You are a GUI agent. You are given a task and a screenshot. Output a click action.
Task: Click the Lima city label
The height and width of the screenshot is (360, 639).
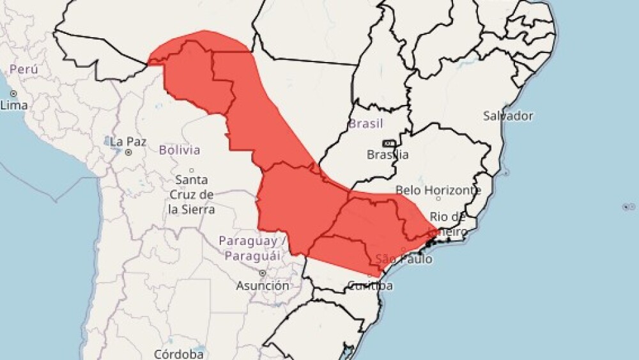pyautogui.click(x=14, y=105)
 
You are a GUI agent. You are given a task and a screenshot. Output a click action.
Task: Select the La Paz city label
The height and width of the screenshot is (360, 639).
pyautogui.click(x=124, y=141)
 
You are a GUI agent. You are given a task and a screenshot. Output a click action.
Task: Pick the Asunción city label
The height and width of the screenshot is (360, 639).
pyautogui.click(x=263, y=286)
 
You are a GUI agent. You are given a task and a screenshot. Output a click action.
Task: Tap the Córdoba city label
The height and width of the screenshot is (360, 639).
pyautogui.click(x=179, y=353)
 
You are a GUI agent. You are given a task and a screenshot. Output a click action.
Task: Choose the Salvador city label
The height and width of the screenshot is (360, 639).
pyautogui.click(x=508, y=116)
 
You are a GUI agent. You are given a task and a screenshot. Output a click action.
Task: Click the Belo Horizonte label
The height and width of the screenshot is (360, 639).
pyautogui.click(x=438, y=191)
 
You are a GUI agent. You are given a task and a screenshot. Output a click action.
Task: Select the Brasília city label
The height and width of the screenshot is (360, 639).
pyautogui.click(x=388, y=155)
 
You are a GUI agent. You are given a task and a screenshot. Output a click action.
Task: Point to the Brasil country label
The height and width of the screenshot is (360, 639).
pyautogui.click(x=366, y=123)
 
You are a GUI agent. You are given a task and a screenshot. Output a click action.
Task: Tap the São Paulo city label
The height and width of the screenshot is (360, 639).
pyautogui.click(x=404, y=259)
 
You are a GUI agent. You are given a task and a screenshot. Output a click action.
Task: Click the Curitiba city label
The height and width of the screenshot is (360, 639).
pyautogui.click(x=370, y=286)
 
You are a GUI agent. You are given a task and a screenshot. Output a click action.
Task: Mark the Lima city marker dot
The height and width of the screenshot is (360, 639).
pyautogui.click(x=13, y=93)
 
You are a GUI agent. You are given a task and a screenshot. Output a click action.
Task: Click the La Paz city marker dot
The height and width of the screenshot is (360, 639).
pyautogui.click(x=128, y=152)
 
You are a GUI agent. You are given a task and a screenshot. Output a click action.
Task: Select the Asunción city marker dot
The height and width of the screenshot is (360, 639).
pyautogui.click(x=262, y=273)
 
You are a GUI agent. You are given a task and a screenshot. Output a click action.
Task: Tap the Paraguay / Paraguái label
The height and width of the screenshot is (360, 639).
pyautogui.click(x=250, y=248)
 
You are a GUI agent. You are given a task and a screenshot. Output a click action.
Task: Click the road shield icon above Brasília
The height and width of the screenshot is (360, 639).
pyautogui.click(x=388, y=143)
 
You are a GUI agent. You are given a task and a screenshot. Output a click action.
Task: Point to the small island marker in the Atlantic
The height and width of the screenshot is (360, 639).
pyautogui.click(x=626, y=207)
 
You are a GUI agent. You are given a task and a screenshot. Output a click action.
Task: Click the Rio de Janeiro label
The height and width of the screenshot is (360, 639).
pyautogui.click(x=450, y=224)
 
